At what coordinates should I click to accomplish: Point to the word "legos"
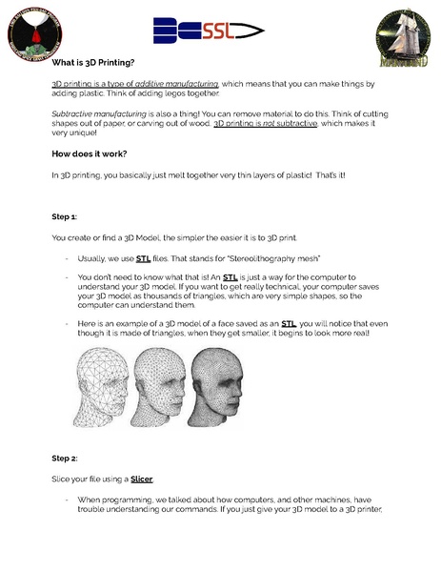click(157, 93)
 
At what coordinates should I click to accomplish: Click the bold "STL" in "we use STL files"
click(144, 258)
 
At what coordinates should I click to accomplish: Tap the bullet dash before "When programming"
click(66, 500)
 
